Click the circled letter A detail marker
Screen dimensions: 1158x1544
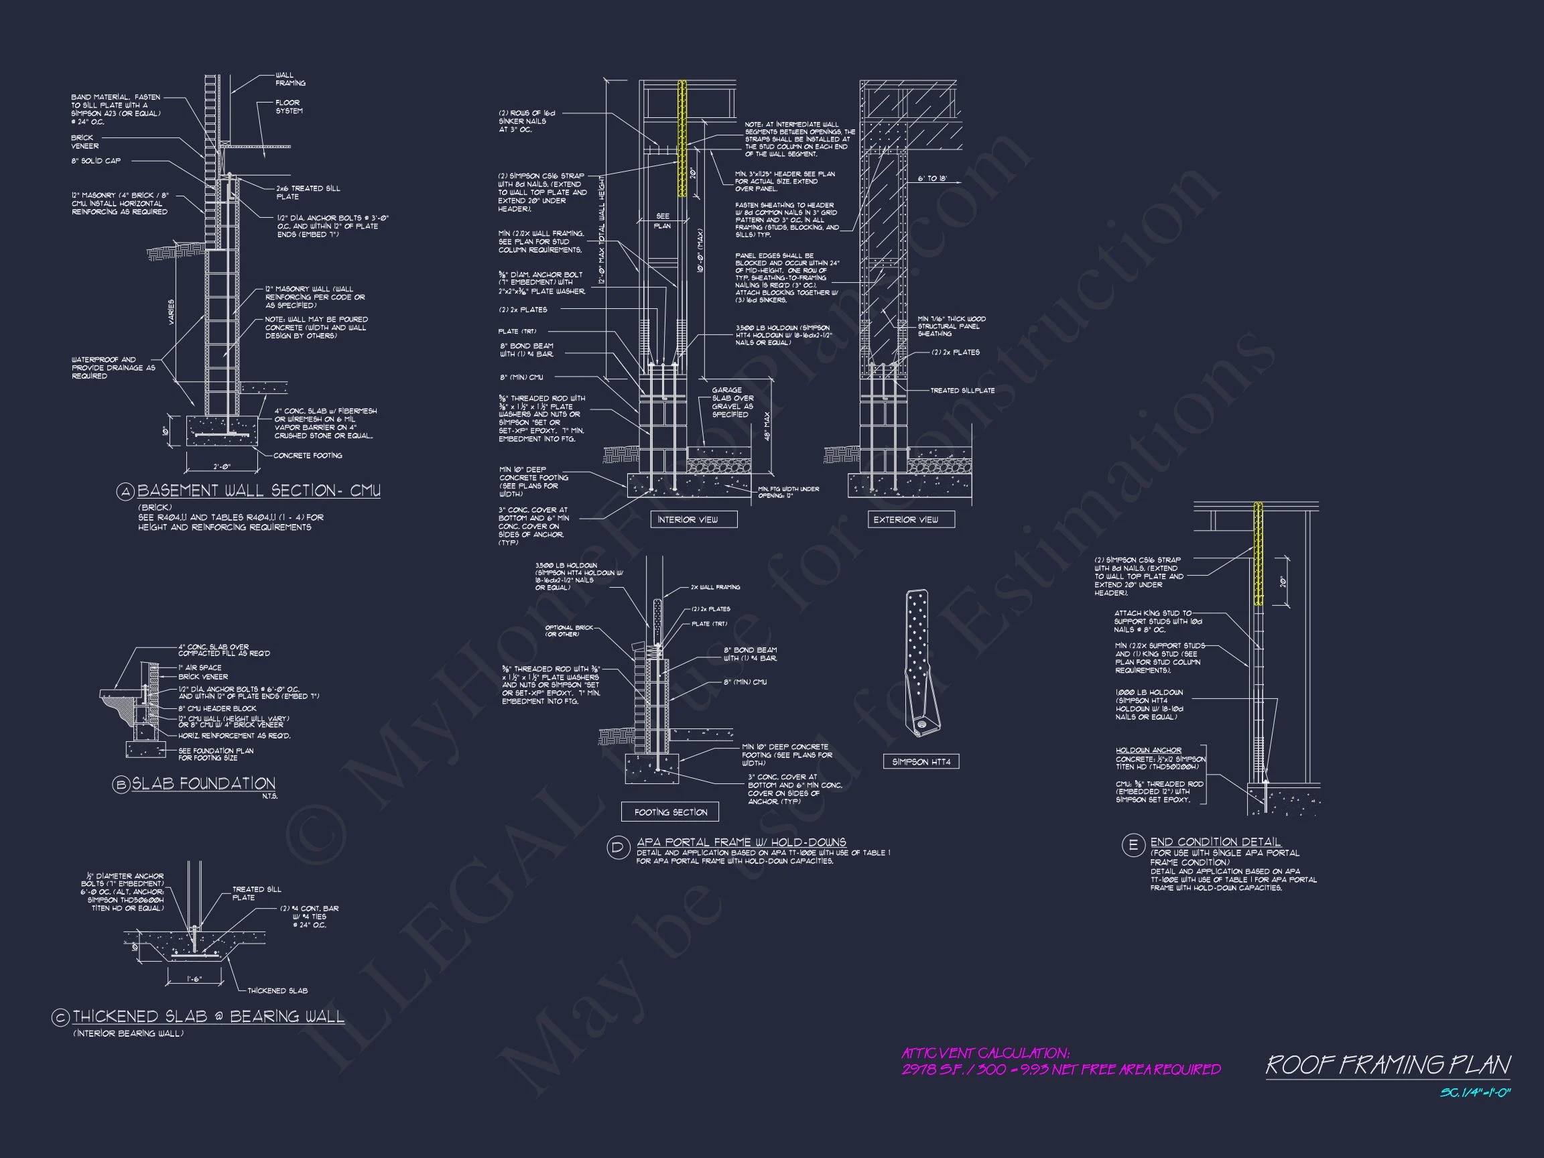(x=125, y=492)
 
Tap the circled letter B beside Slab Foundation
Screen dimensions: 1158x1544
(x=121, y=785)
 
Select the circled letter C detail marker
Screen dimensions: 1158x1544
(x=61, y=1018)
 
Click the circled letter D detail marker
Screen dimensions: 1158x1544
(x=618, y=848)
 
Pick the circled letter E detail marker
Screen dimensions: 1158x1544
(x=1132, y=846)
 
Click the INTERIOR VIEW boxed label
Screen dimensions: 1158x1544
(x=687, y=519)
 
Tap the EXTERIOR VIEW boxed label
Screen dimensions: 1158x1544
(x=905, y=519)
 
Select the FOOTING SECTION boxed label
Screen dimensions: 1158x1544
(x=670, y=812)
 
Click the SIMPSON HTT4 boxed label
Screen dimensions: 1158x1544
(x=921, y=761)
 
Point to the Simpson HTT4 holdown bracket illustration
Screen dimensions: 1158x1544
(x=920, y=663)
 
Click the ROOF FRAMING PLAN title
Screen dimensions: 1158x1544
(x=1388, y=1065)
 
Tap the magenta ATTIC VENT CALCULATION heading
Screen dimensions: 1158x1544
(x=985, y=1053)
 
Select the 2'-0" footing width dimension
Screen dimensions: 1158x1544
(x=221, y=467)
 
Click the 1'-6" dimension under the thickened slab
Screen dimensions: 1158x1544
(x=195, y=979)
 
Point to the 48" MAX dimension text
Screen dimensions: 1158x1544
(x=767, y=426)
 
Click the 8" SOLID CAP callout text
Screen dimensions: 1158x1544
(x=96, y=162)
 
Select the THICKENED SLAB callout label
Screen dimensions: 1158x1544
(x=277, y=990)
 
